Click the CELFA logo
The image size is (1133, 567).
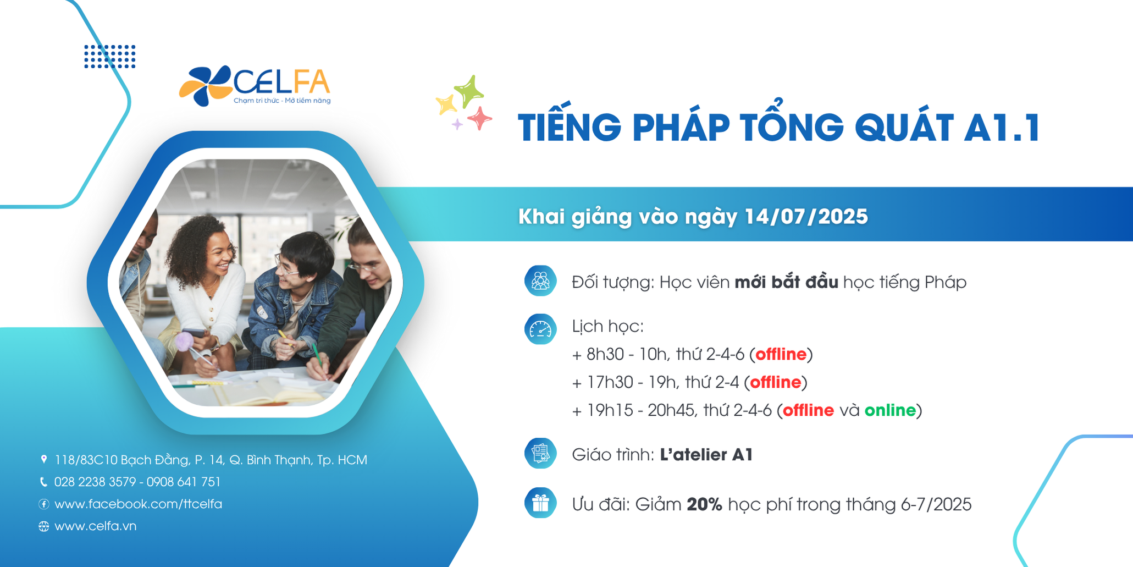click(255, 86)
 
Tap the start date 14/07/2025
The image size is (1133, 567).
click(806, 216)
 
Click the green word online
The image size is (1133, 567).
click(890, 410)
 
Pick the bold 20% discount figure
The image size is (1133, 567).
click(704, 504)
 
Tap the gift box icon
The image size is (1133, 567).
click(540, 503)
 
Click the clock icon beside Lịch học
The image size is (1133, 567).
click(540, 329)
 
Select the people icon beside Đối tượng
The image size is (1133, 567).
click(540, 280)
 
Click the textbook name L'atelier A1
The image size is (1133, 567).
click(706, 454)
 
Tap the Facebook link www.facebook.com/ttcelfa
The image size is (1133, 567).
click(138, 504)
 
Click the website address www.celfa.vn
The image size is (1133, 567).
click(96, 526)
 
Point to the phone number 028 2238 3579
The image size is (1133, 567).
click(95, 482)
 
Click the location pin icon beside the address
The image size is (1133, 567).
click(44, 459)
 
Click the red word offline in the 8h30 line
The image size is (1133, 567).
click(781, 354)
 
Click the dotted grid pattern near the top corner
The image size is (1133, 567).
click(110, 57)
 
